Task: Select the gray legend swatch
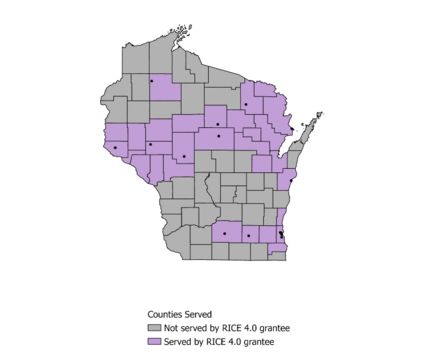[154, 327]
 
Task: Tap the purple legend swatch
[154, 341]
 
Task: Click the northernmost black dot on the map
[152, 81]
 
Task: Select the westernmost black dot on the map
[115, 148]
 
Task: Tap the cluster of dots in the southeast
[281, 236]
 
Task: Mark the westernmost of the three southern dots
[225, 234]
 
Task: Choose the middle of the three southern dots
[248, 236]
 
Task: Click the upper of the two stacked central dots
[218, 124]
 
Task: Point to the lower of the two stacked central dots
[219, 136]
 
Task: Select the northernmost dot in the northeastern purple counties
[245, 104]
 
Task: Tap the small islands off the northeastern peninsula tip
[318, 115]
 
